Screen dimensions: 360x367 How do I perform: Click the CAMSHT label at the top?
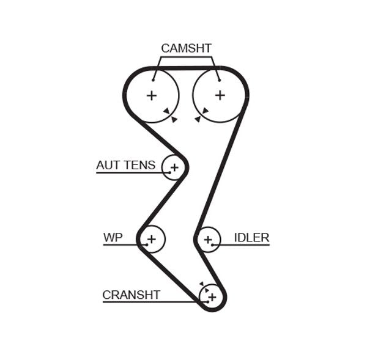coord(186,48)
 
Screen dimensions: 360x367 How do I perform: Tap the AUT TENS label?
coord(125,165)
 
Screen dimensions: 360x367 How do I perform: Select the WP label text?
coord(113,237)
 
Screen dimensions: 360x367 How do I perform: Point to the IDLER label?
coord(251,237)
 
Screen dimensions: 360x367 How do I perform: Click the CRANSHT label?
coord(131,295)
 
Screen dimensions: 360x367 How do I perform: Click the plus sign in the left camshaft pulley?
coord(151,95)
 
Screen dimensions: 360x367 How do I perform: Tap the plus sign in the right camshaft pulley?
coord(220,95)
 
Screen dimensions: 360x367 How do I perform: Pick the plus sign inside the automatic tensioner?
coord(174,167)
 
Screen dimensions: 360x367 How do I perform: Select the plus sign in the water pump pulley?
coord(152,239)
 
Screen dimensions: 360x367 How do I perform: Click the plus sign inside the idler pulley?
coord(209,240)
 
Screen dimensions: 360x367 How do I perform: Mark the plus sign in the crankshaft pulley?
coord(212,297)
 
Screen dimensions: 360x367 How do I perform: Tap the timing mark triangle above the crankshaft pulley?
coord(201,284)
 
